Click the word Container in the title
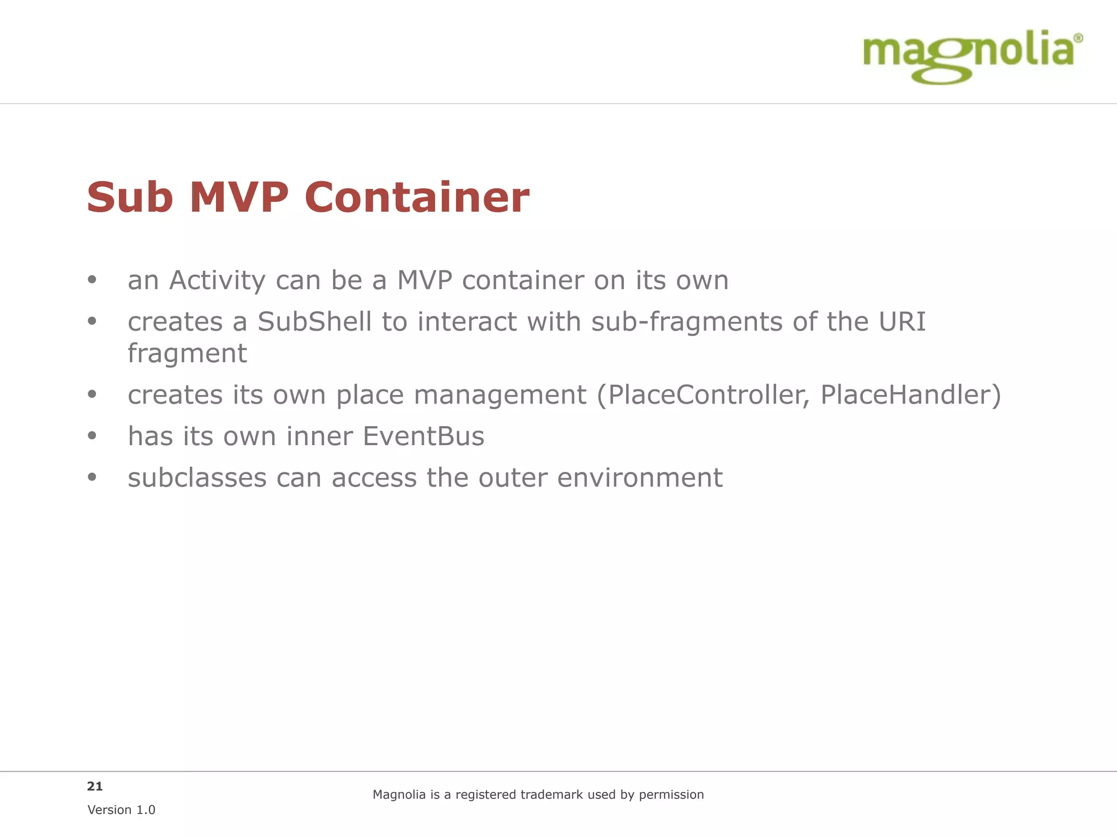point(417,197)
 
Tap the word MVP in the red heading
point(239,197)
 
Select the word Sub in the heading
point(130,197)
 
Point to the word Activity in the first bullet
point(217,280)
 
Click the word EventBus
point(423,436)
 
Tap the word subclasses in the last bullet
point(197,478)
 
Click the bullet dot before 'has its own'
point(92,435)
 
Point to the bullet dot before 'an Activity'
point(92,280)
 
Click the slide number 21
point(95,786)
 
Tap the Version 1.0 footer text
point(121,810)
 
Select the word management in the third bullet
point(500,394)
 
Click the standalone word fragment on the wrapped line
point(187,353)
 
